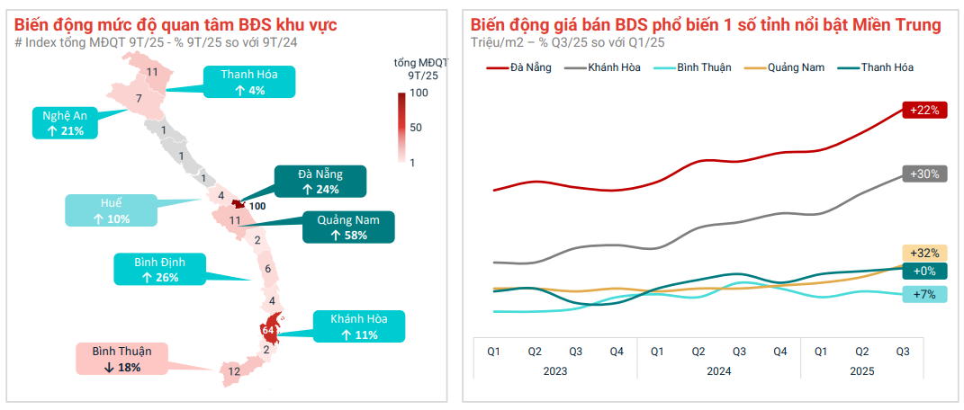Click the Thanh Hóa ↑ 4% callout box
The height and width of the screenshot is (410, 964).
pos(249,83)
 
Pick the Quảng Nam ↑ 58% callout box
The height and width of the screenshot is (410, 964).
pos(347,227)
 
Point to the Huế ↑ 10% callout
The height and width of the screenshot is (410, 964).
pos(110,210)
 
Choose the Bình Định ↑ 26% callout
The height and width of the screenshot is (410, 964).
pos(159,269)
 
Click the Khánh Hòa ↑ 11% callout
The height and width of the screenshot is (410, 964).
pos(358,326)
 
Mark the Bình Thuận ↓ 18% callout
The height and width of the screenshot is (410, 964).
pos(122,358)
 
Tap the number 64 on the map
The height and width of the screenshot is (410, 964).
pos(267,330)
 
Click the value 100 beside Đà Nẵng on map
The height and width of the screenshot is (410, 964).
pos(257,206)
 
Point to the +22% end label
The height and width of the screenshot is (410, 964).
pos(924,111)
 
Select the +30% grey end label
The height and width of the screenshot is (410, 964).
pos(924,174)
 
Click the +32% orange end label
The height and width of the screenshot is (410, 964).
pos(924,253)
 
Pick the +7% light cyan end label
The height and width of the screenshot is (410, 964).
pos(924,294)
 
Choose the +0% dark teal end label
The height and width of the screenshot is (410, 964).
pos(924,272)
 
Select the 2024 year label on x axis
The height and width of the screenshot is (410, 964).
pos(717,370)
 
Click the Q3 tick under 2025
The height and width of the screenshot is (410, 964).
pos(903,351)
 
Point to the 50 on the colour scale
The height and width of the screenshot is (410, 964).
pos(416,128)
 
